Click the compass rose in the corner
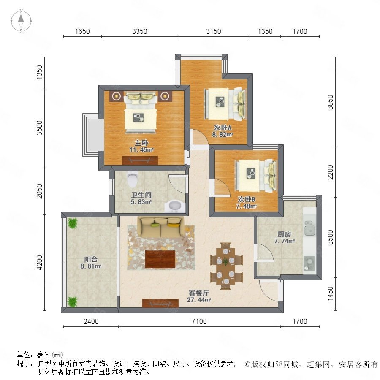21,21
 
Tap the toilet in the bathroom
133,179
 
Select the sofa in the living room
160,227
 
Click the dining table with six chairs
226,266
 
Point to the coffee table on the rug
160,259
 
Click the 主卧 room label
141,143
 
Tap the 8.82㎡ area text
222,135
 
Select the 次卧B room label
246,199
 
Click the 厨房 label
284,234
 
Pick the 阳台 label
91,259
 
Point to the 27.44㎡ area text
199,300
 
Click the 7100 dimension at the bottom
199,321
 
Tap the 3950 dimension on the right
330,102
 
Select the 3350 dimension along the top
140,31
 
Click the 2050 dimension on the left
39,191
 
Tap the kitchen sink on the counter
310,228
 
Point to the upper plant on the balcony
72,223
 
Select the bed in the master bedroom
141,112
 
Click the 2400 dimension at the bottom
91,321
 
